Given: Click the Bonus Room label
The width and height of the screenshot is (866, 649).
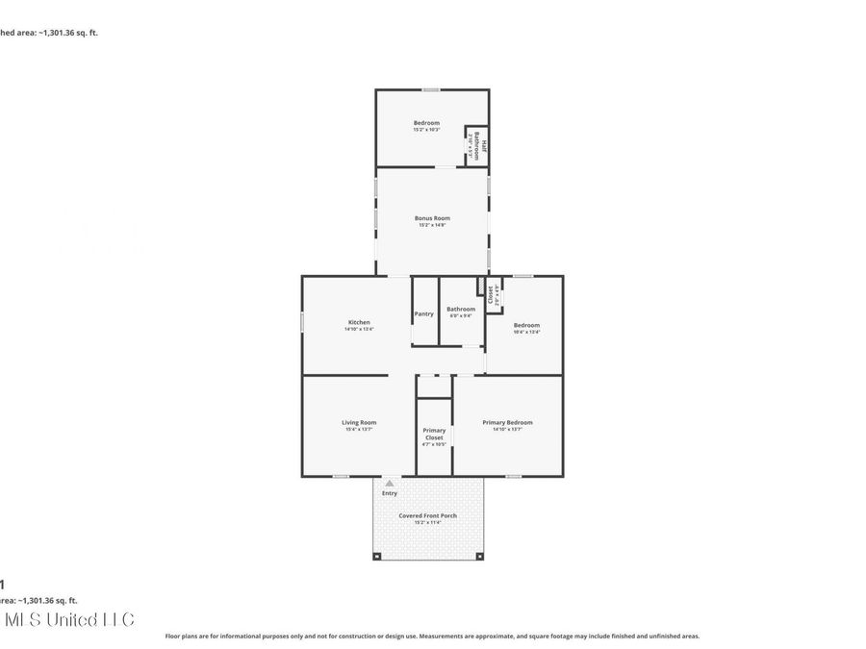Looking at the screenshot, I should click(x=432, y=218).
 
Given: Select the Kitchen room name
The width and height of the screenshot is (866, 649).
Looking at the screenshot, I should click(x=359, y=322).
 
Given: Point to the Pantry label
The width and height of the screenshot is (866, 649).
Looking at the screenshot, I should click(x=423, y=313).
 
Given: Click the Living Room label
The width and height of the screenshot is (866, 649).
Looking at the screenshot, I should click(x=359, y=422).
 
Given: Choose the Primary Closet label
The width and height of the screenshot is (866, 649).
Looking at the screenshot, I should click(x=435, y=434).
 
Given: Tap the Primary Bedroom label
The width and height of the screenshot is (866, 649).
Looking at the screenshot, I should click(x=507, y=422).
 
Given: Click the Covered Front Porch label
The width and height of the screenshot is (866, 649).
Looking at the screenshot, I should click(x=428, y=515).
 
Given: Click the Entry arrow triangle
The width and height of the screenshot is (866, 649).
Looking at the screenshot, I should click(x=389, y=484).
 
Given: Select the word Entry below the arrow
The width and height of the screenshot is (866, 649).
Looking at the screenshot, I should click(x=389, y=493).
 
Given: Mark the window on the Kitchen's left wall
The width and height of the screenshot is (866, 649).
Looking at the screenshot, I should click(x=302, y=323).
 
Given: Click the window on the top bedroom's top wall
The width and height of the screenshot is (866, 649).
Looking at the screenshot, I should click(x=431, y=90).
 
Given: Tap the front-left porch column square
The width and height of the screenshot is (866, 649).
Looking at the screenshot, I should click(x=378, y=556).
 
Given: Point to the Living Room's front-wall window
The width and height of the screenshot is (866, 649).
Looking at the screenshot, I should click(x=341, y=475).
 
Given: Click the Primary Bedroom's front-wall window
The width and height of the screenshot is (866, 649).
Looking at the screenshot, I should click(x=514, y=475).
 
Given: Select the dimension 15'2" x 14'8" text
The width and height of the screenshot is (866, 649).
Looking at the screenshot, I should click(x=432, y=225).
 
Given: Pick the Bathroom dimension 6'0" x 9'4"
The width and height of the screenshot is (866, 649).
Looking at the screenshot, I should click(x=461, y=315).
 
